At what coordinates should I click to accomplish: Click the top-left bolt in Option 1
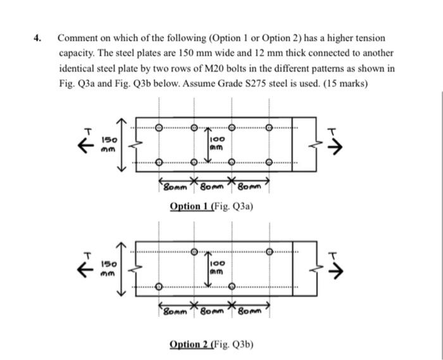pos(158,126)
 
